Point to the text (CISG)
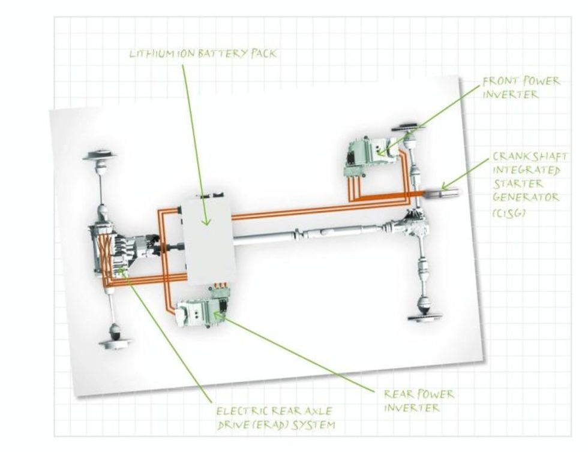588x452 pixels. (x=509, y=213)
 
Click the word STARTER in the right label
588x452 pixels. (x=518, y=184)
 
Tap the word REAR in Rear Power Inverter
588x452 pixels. (x=398, y=396)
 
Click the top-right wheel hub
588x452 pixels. (x=409, y=128)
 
